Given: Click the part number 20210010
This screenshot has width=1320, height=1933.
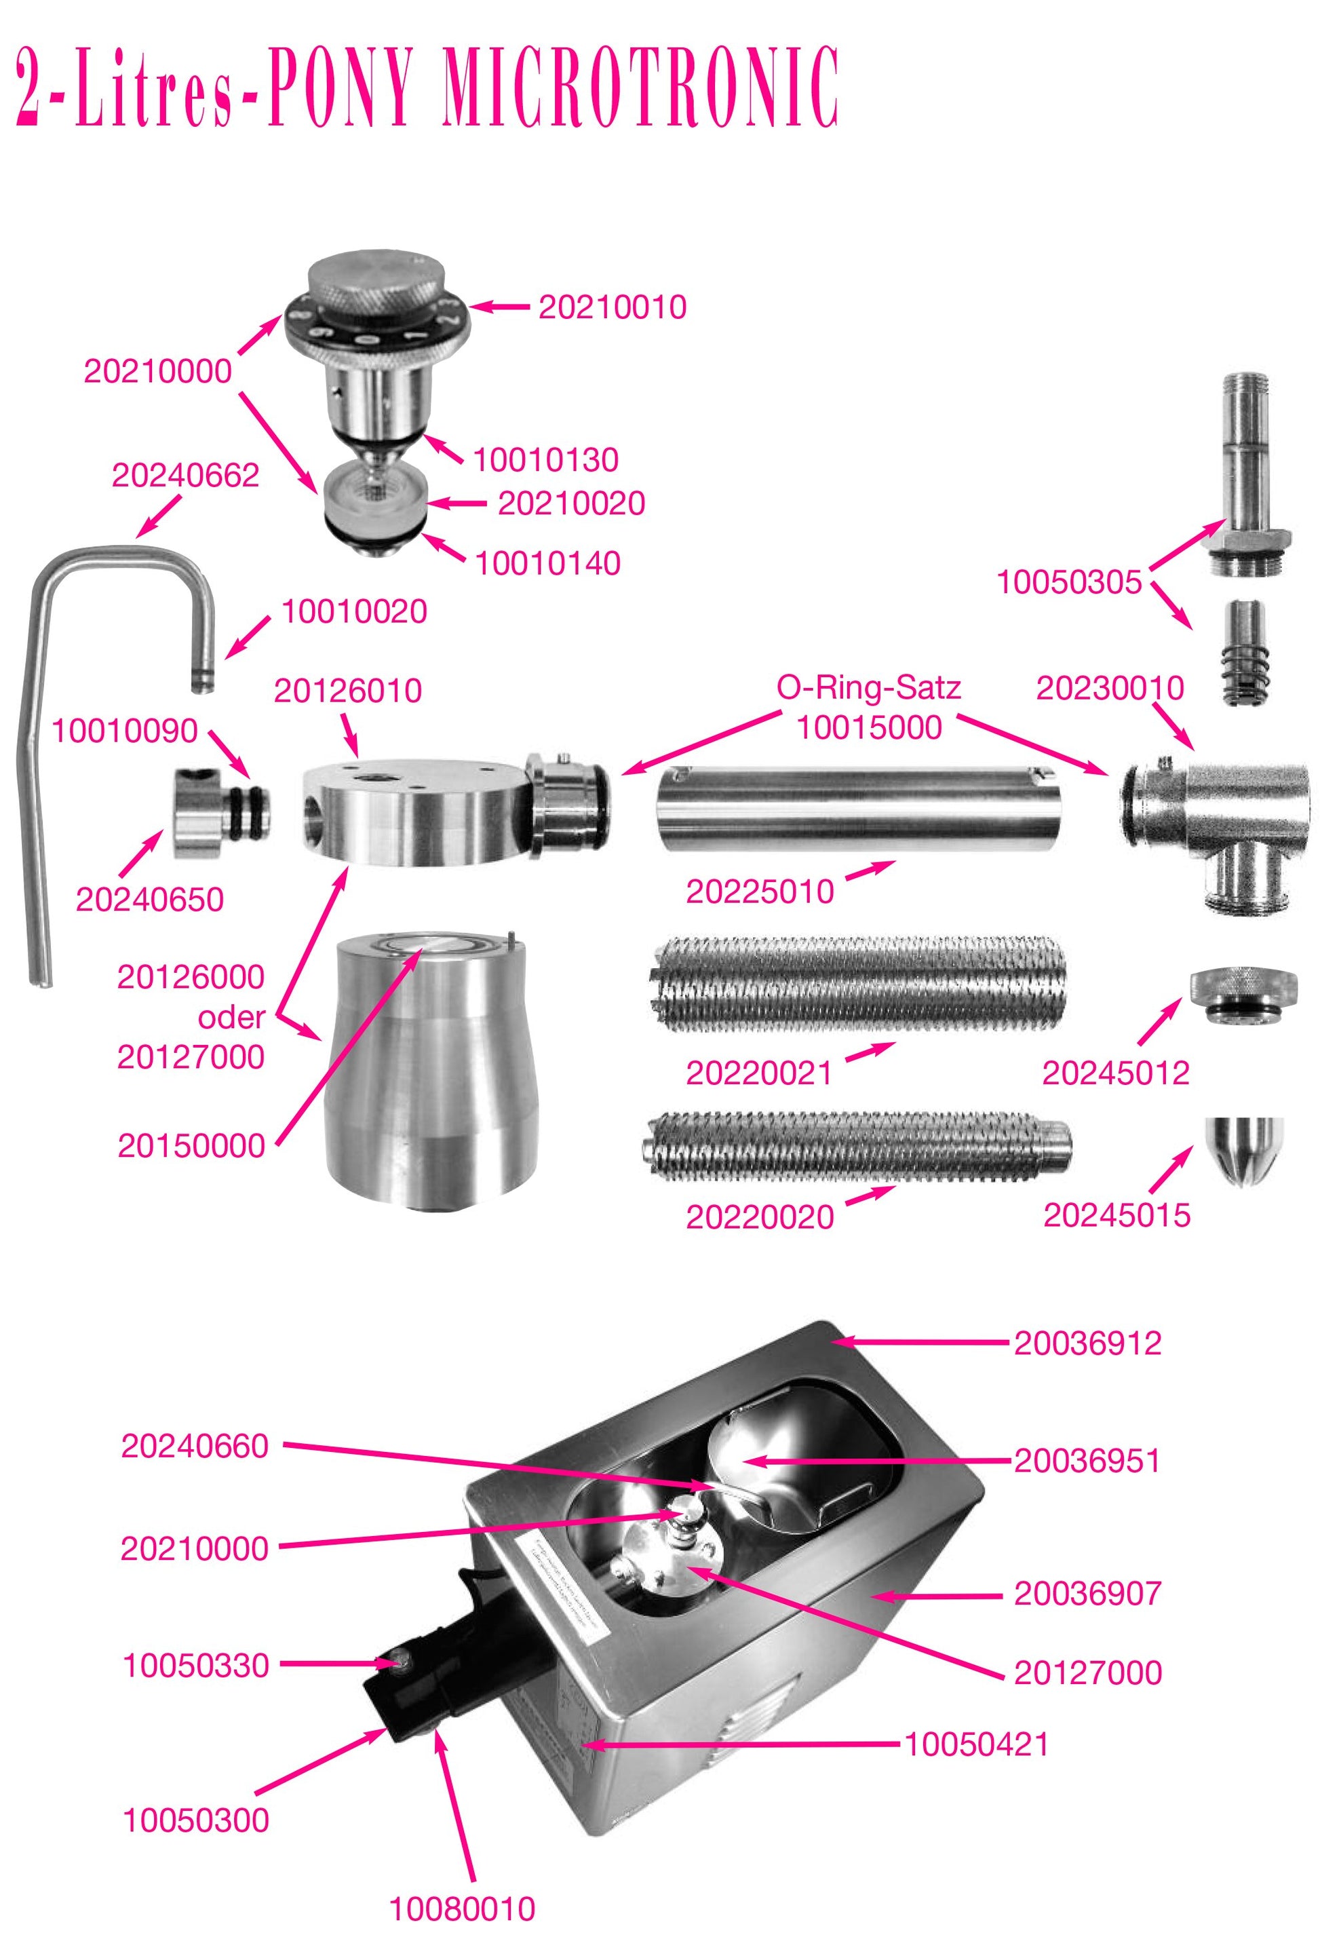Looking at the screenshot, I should (x=612, y=307).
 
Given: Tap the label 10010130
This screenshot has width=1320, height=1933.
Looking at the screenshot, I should (x=545, y=460).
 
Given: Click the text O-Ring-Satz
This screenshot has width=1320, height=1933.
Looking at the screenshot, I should (x=868, y=687).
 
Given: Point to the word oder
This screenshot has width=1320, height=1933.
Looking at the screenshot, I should (x=231, y=1016).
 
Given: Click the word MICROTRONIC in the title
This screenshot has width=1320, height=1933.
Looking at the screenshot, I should (x=640, y=88).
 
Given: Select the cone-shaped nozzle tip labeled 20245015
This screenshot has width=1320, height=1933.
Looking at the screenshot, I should (x=1243, y=1149).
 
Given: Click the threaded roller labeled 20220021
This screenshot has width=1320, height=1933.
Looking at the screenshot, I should (x=857, y=984).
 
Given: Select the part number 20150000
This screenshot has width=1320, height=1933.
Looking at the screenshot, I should (x=191, y=1145).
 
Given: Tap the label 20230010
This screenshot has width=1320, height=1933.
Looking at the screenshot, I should (x=1110, y=688).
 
